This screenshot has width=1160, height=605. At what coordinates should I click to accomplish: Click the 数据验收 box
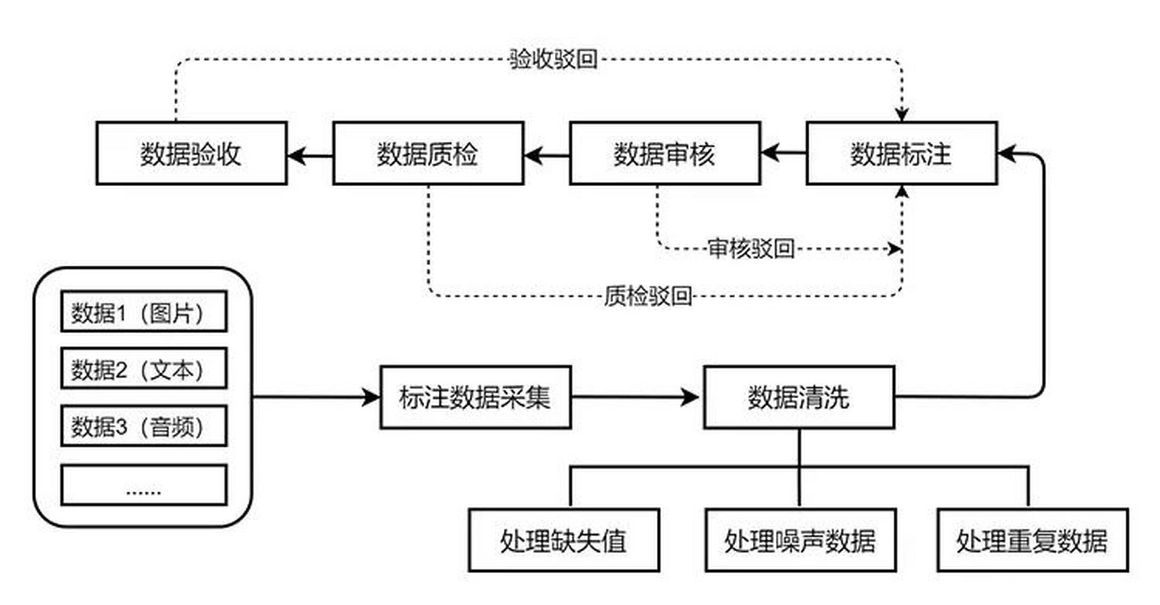191,153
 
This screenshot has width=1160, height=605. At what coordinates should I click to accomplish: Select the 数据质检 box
428,153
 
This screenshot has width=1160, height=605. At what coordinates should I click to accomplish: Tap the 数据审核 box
665,153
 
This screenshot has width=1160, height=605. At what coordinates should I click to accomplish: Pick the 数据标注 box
902,153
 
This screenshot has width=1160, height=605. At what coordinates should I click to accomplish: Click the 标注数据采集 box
475,397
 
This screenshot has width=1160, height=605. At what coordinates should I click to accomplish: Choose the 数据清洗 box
799,397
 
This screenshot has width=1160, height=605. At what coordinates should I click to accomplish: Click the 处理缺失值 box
564,540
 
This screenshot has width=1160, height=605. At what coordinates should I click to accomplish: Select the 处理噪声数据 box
800,540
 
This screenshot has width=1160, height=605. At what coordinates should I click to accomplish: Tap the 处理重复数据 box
1033,540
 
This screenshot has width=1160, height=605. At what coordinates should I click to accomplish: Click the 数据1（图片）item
144,311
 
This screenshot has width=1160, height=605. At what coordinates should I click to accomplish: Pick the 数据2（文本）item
144,369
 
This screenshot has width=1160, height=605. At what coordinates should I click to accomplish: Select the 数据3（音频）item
144,426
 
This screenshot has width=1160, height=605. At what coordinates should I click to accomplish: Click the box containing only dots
144,485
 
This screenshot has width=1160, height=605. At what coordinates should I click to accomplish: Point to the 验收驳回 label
553,60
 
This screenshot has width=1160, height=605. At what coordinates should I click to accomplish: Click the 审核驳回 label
751,249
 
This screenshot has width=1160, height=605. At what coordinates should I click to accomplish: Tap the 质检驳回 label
648,296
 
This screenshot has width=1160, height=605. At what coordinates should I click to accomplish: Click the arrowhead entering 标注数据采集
371,397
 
